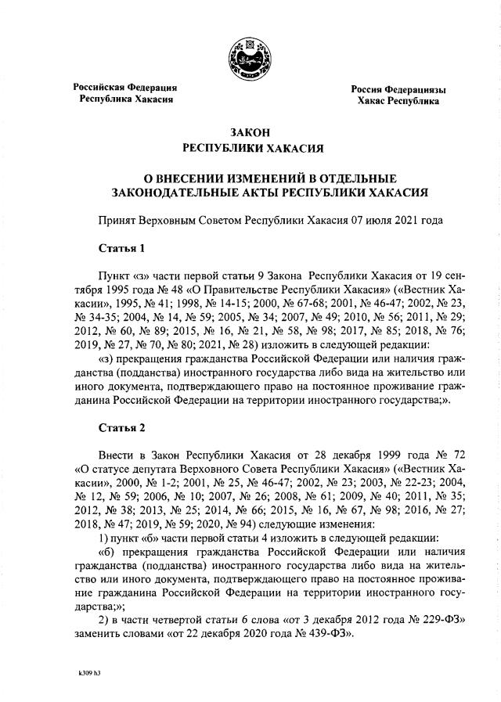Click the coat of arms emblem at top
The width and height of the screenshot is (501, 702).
pos(250,56)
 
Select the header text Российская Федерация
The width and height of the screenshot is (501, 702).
pos(125,87)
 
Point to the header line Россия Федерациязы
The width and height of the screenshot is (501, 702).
pos(398,89)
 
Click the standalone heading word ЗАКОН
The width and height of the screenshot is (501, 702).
pos(250,132)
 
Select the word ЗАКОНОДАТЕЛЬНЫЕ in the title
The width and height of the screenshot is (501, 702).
pos(181,191)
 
